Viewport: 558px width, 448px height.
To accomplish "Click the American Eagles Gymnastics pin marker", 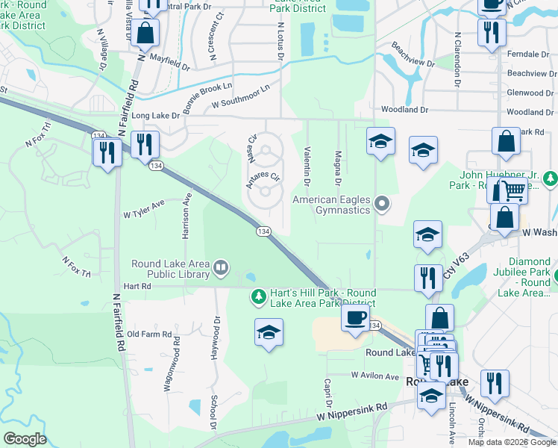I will (x=383, y=203).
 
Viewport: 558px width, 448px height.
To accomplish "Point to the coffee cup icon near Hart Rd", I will (x=355, y=317).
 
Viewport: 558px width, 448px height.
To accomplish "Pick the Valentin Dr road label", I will (x=307, y=162).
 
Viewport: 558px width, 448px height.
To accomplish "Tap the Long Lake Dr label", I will (x=156, y=116).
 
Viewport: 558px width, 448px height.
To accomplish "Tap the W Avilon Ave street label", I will (x=375, y=376).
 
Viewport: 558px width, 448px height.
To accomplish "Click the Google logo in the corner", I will (x=25, y=439).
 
